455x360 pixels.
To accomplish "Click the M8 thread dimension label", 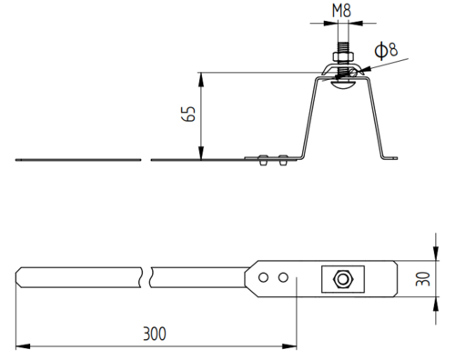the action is [x=341, y=11].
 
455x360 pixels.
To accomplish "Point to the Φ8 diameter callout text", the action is [x=386, y=50].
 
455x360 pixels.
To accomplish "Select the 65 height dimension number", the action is [x=188, y=114].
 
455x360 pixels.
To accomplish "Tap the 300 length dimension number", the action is [x=155, y=334].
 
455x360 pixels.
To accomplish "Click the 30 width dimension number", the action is [x=423, y=279].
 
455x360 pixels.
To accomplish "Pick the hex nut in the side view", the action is [x=343, y=56].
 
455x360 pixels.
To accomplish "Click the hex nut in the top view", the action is [x=343, y=279].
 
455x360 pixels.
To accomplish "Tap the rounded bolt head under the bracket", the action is [x=343, y=85].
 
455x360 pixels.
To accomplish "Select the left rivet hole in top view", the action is [x=263, y=277].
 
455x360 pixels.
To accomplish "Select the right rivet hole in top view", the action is [x=283, y=277].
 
